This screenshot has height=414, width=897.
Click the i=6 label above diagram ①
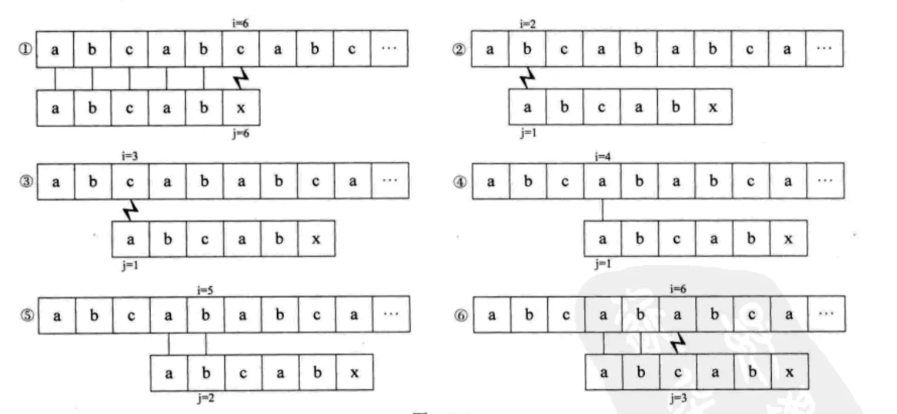click(240, 24)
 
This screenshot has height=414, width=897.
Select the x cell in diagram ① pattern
click(240, 108)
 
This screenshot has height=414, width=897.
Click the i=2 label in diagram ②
click(527, 24)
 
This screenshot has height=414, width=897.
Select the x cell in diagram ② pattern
click(713, 108)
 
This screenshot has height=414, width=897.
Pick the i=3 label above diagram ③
click(129, 156)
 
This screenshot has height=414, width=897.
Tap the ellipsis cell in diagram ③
click(389, 181)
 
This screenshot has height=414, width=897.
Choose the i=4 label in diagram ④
click(602, 156)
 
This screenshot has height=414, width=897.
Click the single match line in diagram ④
click(602, 210)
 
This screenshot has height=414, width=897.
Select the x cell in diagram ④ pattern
click(788, 239)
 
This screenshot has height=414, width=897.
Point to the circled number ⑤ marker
click(27, 314)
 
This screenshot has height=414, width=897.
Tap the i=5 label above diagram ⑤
click(204, 290)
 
